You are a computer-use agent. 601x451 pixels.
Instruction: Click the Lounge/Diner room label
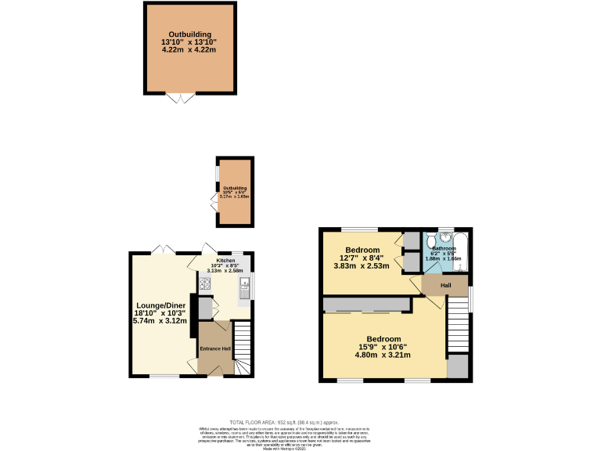(x=160, y=306)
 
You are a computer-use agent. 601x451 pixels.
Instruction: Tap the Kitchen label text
(x=225, y=260)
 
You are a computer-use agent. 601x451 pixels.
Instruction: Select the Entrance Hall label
(x=214, y=348)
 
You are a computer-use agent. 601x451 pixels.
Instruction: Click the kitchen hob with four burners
(x=207, y=284)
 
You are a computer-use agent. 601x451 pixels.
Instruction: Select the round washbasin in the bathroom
(x=444, y=239)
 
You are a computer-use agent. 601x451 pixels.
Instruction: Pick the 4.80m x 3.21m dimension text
(x=384, y=355)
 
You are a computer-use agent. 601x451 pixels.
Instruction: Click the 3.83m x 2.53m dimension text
(x=362, y=266)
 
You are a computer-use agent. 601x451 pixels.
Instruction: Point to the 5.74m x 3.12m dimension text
(x=160, y=321)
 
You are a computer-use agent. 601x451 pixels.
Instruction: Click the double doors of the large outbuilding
(x=181, y=98)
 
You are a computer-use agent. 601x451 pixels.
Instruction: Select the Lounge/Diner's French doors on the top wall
(x=163, y=249)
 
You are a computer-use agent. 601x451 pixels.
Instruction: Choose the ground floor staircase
(x=243, y=348)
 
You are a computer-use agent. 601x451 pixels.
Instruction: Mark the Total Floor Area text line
(x=300, y=423)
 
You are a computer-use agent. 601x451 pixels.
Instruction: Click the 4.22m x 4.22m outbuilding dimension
(x=189, y=49)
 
